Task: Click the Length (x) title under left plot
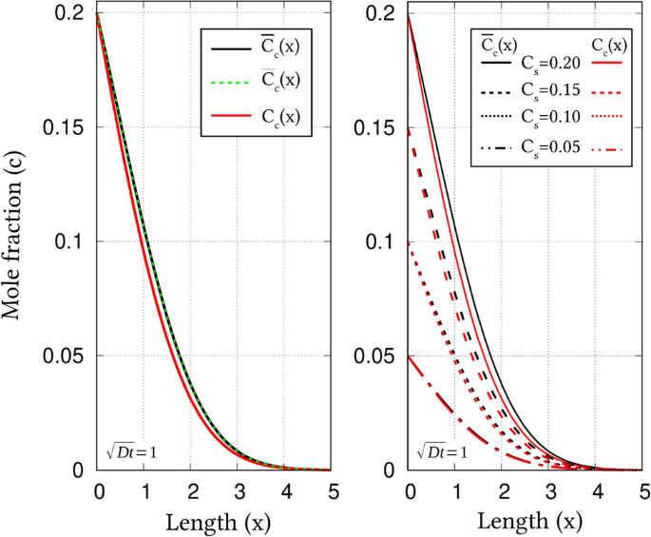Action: click(x=214, y=522)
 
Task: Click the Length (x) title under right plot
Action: click(x=527, y=522)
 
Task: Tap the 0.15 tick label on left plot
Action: click(x=69, y=127)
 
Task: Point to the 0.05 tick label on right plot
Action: click(x=384, y=356)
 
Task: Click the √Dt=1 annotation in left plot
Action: click(x=131, y=451)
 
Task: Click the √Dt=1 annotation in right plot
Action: click(x=443, y=451)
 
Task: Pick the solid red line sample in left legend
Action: click(x=226, y=118)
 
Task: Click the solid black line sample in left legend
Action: click(x=226, y=48)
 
